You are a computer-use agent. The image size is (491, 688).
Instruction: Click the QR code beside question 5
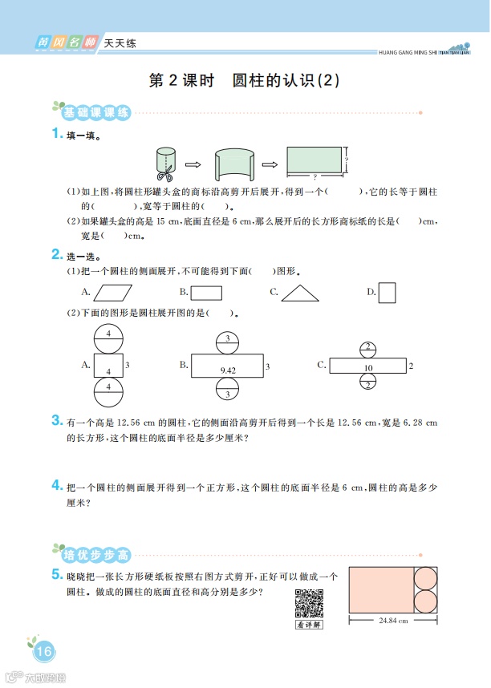click(309, 602)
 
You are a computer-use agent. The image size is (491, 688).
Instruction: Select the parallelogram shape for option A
click(116, 293)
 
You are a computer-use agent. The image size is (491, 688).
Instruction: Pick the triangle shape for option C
click(299, 293)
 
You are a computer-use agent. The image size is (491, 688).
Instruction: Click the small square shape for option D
click(387, 293)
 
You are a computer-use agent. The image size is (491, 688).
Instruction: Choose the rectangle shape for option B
click(206, 293)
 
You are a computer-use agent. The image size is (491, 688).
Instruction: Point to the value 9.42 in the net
click(227, 370)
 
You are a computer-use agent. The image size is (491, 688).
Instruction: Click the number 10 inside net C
click(368, 369)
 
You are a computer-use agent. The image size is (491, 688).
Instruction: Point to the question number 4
click(56, 486)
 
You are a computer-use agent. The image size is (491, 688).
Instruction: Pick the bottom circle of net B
click(227, 392)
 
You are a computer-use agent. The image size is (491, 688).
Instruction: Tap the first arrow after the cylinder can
click(193, 165)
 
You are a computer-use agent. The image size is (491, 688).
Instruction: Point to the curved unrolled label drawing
click(234, 164)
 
